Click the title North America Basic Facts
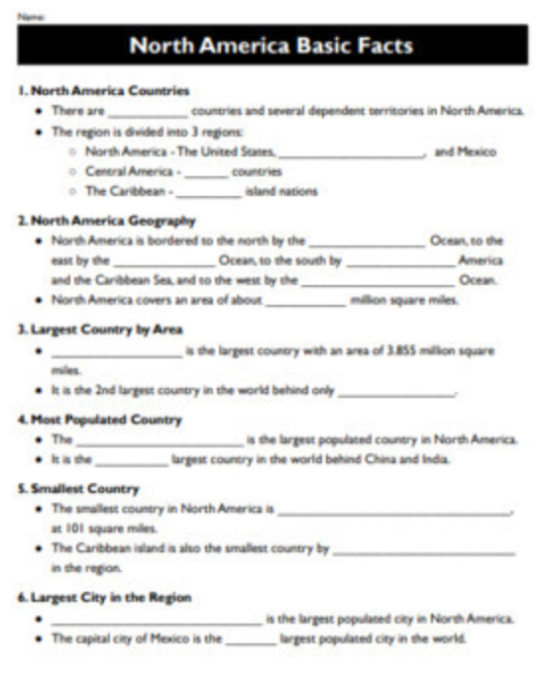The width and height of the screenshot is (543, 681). pos(271,46)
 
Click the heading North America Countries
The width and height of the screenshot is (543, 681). pos(103,91)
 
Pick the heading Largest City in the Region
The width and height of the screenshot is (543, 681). pos(104,598)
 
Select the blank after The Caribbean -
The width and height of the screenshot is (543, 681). pos(208,193)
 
